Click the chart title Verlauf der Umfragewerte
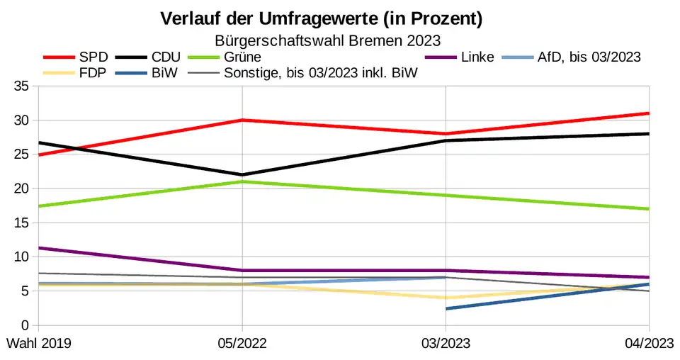click(321, 19)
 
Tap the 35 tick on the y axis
click(21, 86)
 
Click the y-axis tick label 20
click(21, 189)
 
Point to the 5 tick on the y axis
click(24, 291)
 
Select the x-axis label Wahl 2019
click(39, 343)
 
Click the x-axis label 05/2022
click(242, 343)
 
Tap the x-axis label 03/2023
click(446, 343)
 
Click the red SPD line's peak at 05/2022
click(242, 120)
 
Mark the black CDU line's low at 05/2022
click(242, 174)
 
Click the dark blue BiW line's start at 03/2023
click(446, 308)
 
